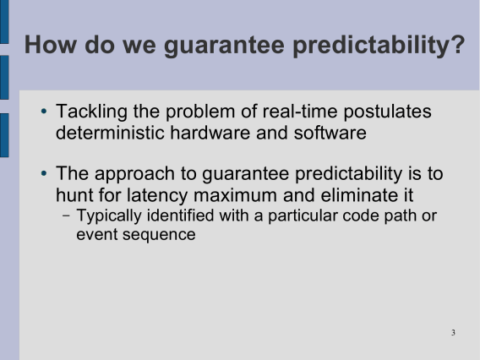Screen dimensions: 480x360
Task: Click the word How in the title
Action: (50, 45)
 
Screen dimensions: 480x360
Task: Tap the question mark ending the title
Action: (458, 44)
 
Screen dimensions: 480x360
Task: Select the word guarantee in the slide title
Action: (225, 46)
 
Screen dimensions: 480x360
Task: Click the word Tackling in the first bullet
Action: (91, 112)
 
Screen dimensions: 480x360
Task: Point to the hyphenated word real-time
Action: (300, 111)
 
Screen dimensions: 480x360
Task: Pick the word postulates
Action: (388, 112)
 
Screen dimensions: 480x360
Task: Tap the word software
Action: (330, 133)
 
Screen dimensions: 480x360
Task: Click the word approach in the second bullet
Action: (134, 175)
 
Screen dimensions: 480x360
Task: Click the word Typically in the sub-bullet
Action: (109, 216)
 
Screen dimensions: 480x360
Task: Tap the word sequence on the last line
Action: (159, 236)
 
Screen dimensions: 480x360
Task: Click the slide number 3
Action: (453, 332)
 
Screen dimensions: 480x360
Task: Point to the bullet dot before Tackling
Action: (44, 111)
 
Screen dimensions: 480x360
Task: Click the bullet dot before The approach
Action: (44, 173)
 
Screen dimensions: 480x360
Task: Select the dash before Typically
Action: (66, 215)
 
